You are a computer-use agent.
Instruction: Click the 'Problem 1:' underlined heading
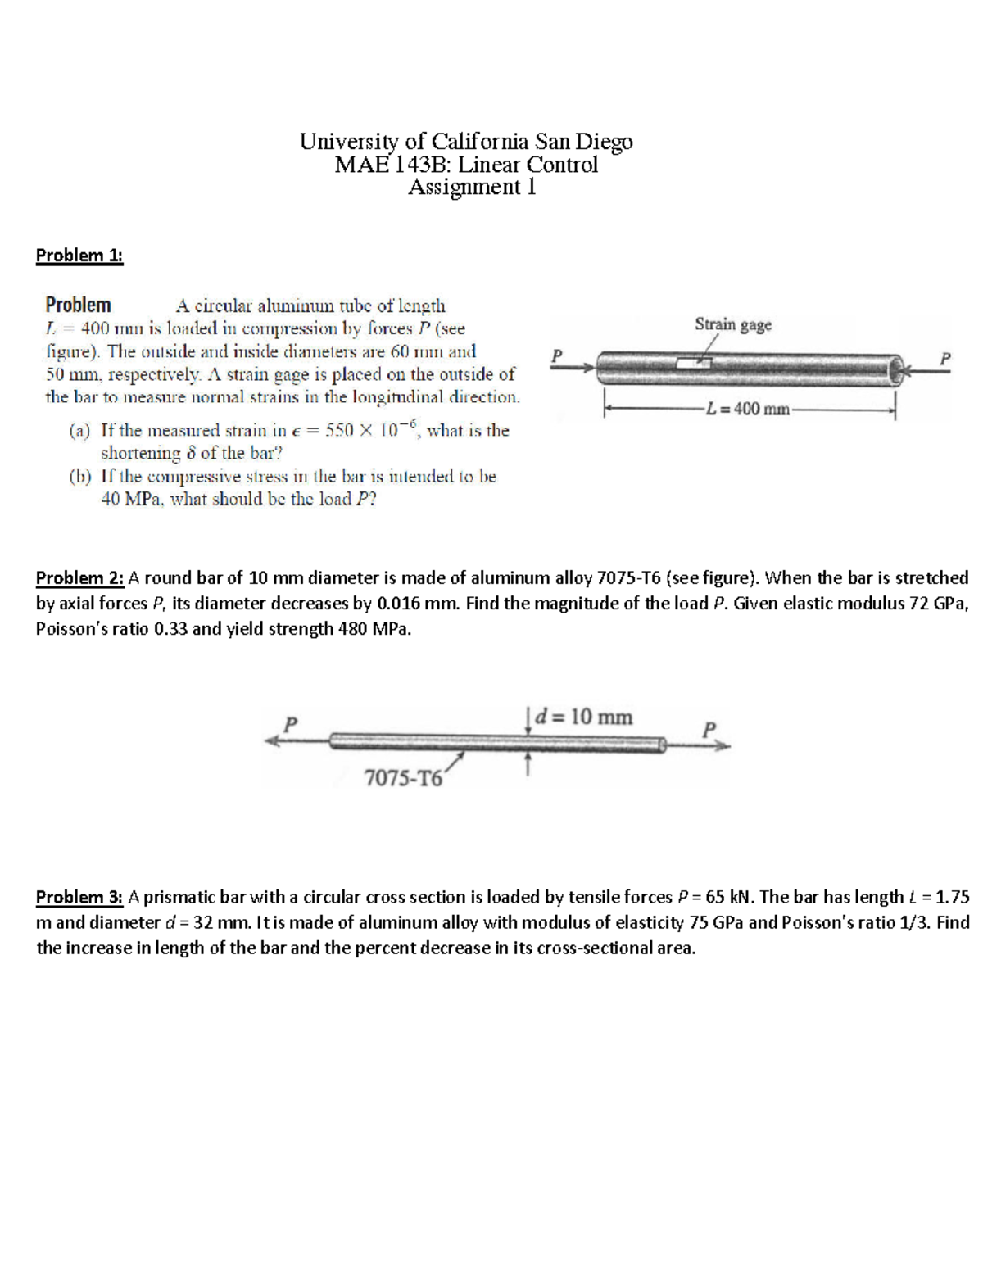pyautogui.click(x=79, y=256)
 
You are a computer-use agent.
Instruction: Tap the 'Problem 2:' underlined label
pyautogui.click(x=79, y=578)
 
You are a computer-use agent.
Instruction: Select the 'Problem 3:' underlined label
pyautogui.click(x=79, y=897)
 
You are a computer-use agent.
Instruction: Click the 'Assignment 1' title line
pyautogui.click(x=472, y=188)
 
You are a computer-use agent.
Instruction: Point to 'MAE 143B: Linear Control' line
pyautogui.click(x=466, y=165)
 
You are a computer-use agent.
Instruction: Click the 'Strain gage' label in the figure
pyautogui.click(x=732, y=324)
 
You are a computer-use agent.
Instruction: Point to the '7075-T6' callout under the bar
pyautogui.click(x=402, y=778)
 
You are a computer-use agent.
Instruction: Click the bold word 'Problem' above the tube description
pyautogui.click(x=78, y=306)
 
